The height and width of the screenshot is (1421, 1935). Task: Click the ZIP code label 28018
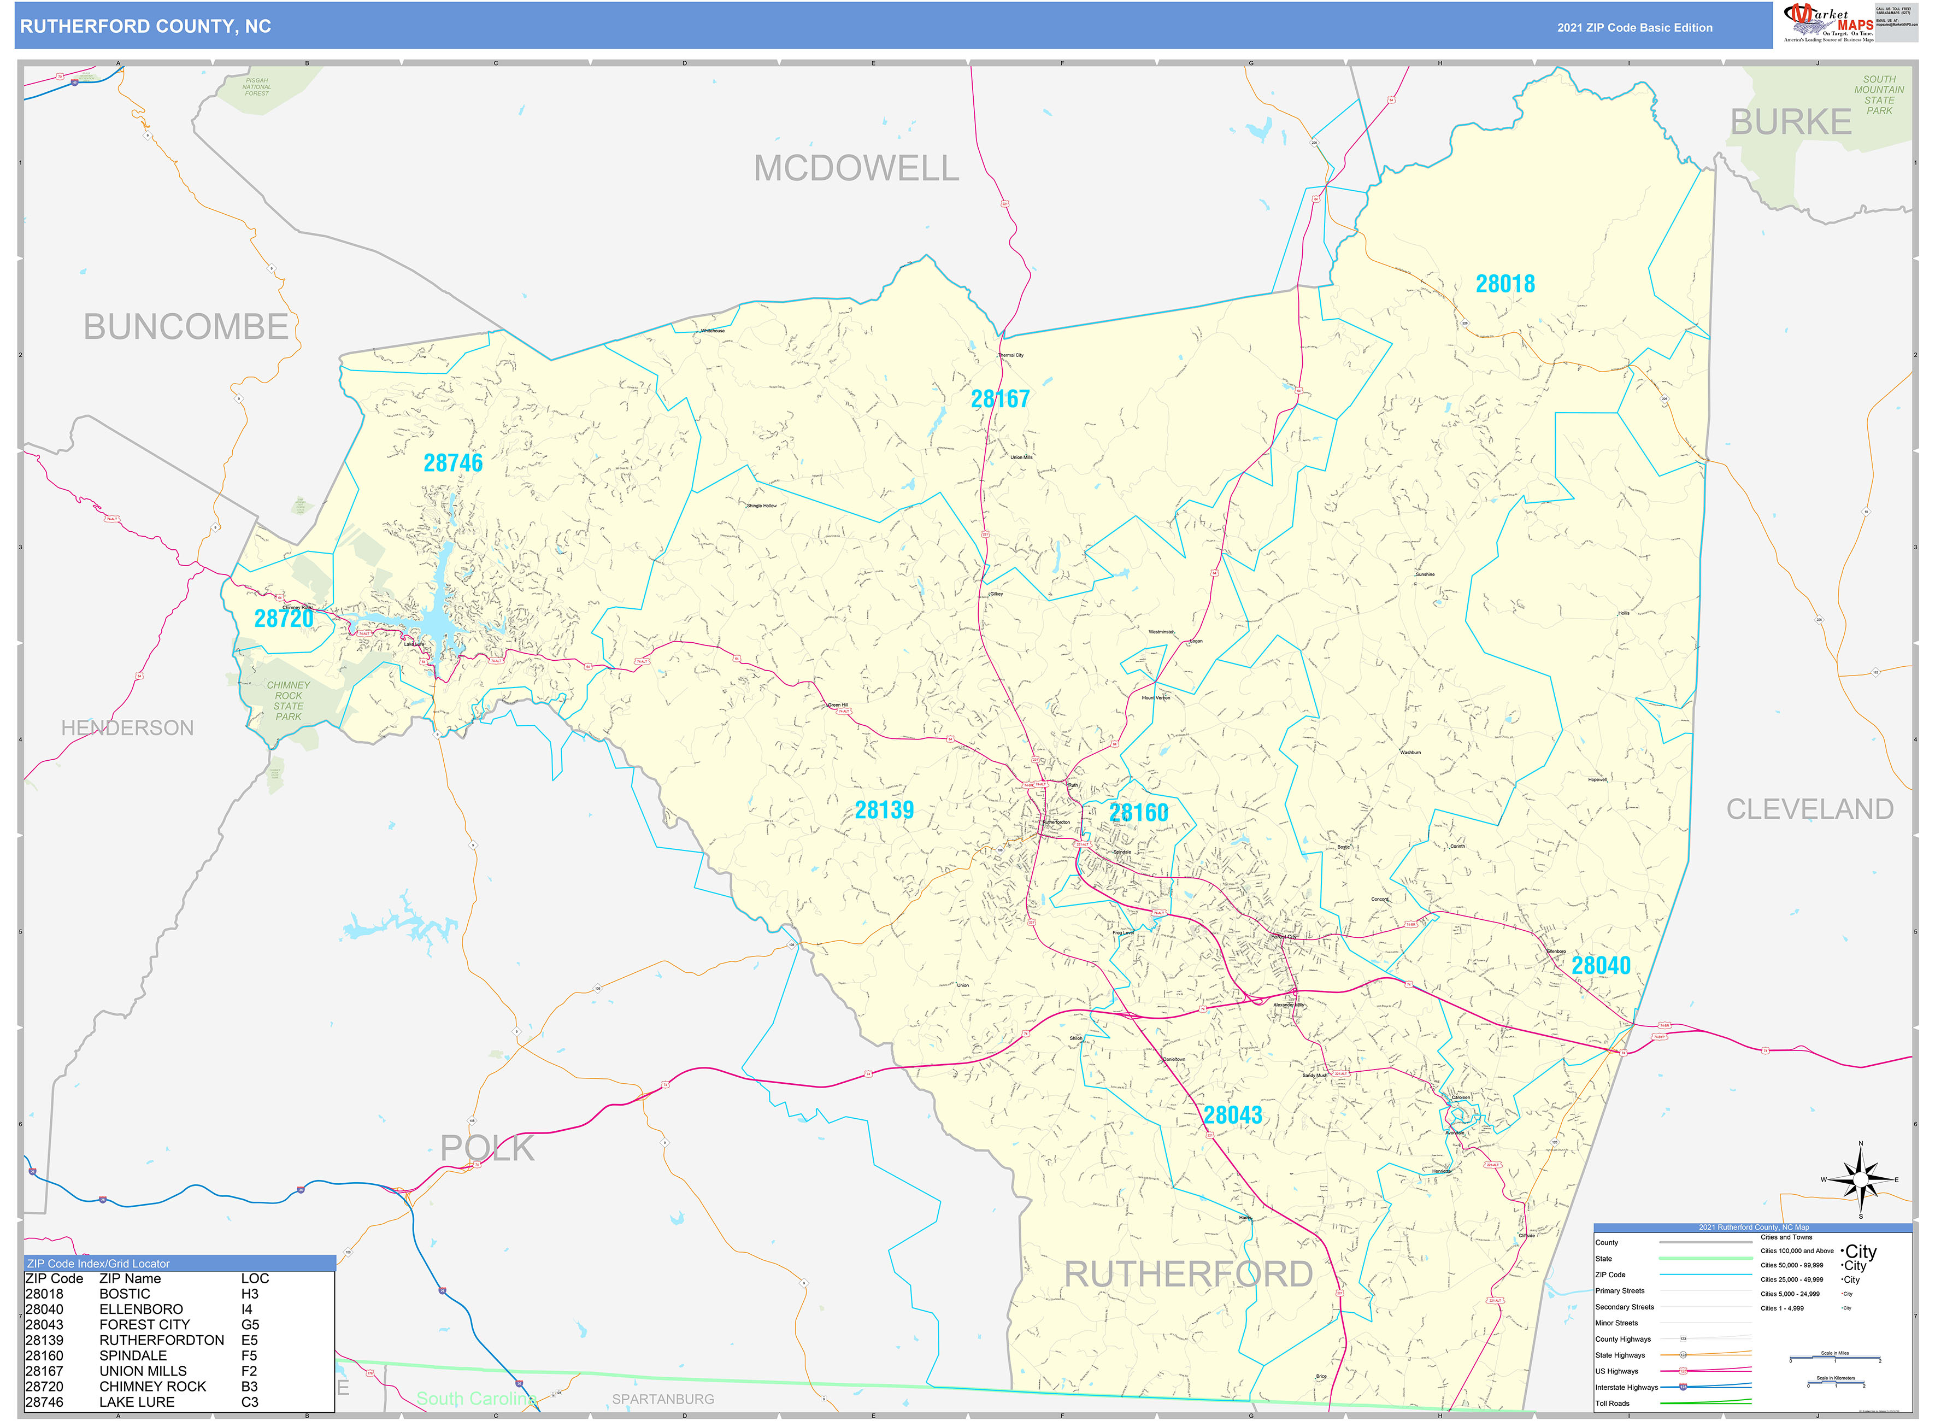coord(1504,284)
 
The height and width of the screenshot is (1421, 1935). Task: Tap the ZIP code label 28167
coord(999,399)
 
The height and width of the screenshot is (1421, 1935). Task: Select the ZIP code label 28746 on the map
coord(452,463)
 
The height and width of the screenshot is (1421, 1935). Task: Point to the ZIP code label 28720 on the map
coord(283,619)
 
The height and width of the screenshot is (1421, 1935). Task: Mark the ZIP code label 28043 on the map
coord(1232,1115)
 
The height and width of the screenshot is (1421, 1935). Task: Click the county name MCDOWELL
coord(856,168)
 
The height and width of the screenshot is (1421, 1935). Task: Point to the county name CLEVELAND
coord(1809,809)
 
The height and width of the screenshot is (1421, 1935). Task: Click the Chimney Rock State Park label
coord(288,701)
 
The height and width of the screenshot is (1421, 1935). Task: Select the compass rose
coord(1860,1179)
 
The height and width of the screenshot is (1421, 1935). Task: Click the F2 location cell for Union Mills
coord(249,1371)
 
